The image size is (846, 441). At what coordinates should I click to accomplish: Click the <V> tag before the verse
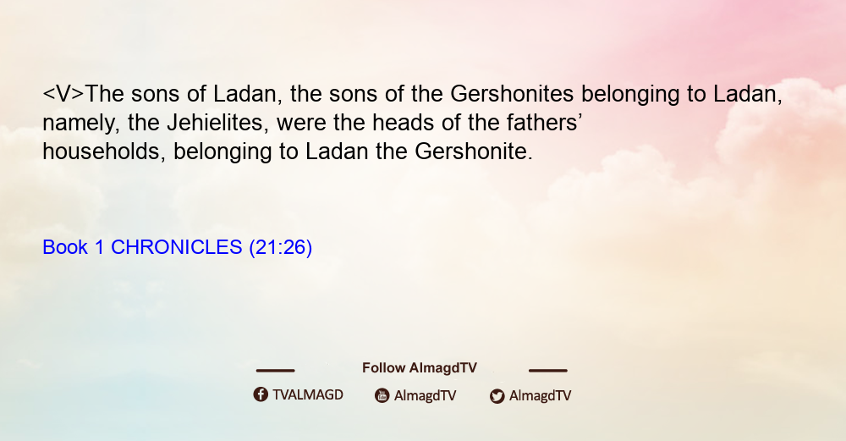click(x=63, y=94)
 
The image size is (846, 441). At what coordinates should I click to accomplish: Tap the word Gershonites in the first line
click(x=512, y=94)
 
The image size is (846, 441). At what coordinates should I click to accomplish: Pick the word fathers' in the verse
click(x=544, y=123)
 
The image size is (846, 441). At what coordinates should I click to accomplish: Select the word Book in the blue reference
click(x=65, y=247)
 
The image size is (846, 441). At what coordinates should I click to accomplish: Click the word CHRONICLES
click(x=177, y=247)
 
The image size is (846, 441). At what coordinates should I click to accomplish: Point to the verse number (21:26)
click(x=281, y=248)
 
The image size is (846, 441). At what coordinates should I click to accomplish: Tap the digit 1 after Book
click(x=99, y=247)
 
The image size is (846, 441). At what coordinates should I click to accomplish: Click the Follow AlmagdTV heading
click(x=420, y=368)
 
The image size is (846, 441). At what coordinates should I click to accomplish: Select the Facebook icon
click(x=261, y=394)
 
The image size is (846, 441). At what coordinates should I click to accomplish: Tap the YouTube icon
click(x=382, y=395)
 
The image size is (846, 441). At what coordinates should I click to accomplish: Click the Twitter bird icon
click(x=497, y=396)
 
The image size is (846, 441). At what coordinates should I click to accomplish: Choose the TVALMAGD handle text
click(x=308, y=395)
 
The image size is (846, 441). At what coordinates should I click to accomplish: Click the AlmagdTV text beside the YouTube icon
click(x=426, y=395)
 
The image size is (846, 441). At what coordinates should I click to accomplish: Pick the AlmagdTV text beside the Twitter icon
click(x=540, y=395)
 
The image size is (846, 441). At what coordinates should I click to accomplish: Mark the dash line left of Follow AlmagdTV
click(x=275, y=371)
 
